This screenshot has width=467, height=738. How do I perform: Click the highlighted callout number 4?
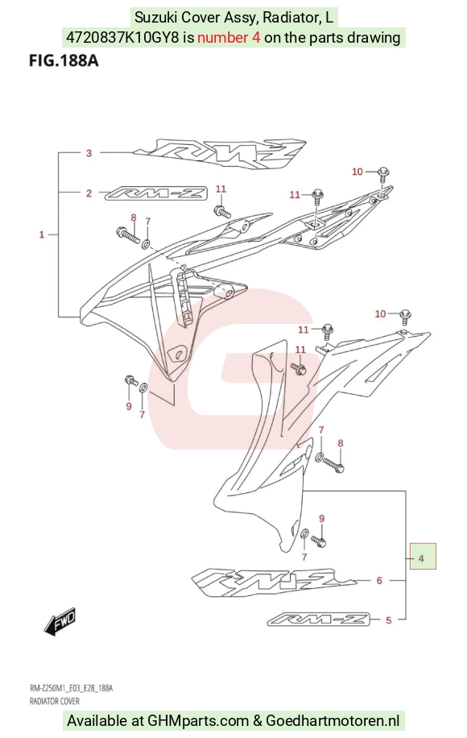click(x=421, y=558)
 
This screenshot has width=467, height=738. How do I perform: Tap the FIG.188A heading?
click(x=64, y=60)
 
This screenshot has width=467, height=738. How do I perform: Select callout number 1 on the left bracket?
click(x=41, y=234)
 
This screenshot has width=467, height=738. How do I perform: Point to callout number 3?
click(x=89, y=153)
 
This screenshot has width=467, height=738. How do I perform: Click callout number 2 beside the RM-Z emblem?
click(x=89, y=193)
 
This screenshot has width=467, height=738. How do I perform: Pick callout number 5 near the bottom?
click(x=388, y=620)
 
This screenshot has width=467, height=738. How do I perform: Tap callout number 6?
click(x=379, y=580)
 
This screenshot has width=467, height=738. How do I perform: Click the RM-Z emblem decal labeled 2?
click(x=155, y=193)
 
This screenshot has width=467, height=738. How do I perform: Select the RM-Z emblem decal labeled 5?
click(x=319, y=620)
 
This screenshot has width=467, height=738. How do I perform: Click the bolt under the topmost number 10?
click(x=384, y=174)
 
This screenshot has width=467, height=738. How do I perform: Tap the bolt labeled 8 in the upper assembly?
click(x=127, y=235)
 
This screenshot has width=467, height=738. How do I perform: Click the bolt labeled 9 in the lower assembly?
click(x=319, y=541)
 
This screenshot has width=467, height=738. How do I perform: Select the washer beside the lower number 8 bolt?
click(x=320, y=456)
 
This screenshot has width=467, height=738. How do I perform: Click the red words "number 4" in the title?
click(x=229, y=37)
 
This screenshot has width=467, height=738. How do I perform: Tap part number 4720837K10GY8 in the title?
click(x=122, y=37)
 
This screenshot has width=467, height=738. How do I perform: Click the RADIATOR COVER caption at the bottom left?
click(x=55, y=701)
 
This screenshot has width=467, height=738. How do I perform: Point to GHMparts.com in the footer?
click(x=197, y=720)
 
